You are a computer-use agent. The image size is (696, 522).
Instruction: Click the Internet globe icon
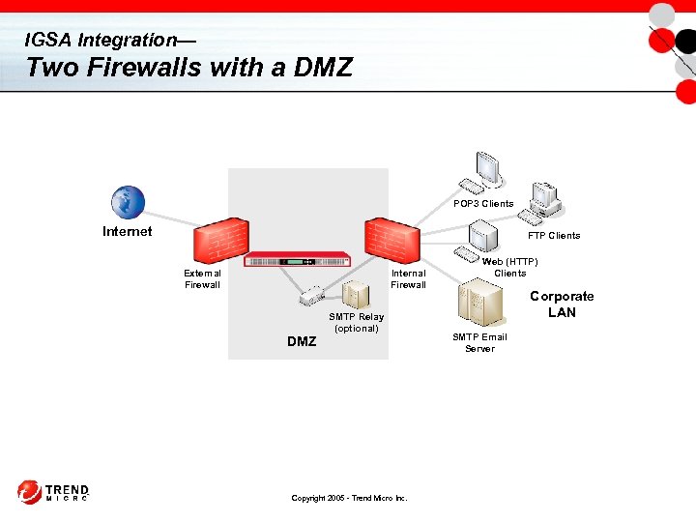point(127,202)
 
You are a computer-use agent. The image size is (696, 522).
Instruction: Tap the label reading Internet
point(128,231)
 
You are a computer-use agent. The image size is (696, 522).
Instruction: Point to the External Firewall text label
point(202,278)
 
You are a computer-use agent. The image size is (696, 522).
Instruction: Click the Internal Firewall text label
point(408,278)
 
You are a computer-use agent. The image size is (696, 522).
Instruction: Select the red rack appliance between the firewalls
point(298,259)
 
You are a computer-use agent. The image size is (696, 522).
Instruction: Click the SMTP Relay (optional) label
point(356,322)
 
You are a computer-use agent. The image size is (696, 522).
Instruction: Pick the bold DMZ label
point(302,341)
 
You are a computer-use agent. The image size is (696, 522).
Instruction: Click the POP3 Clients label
point(483,204)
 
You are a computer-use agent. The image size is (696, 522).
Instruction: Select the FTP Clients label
point(554,235)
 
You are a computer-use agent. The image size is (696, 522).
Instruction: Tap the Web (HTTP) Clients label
point(510,267)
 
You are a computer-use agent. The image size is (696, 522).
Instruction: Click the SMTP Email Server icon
point(480,304)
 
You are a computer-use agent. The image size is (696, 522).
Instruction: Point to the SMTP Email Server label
point(479,342)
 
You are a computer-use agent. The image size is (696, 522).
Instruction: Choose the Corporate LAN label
point(562,304)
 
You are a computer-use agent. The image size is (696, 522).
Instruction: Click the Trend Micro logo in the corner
point(53,492)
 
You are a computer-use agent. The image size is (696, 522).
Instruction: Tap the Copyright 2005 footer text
point(349,498)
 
